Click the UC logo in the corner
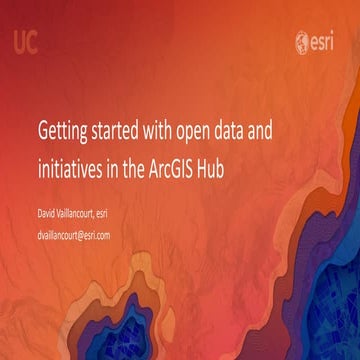point(27,42)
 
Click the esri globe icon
point(303,42)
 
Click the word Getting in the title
point(62,131)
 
